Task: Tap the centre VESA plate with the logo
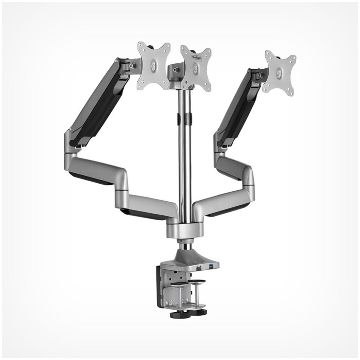point(196,68)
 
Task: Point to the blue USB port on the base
point(210,267)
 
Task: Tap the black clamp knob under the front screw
point(179,315)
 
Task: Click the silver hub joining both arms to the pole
point(185,230)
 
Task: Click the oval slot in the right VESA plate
point(279,73)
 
